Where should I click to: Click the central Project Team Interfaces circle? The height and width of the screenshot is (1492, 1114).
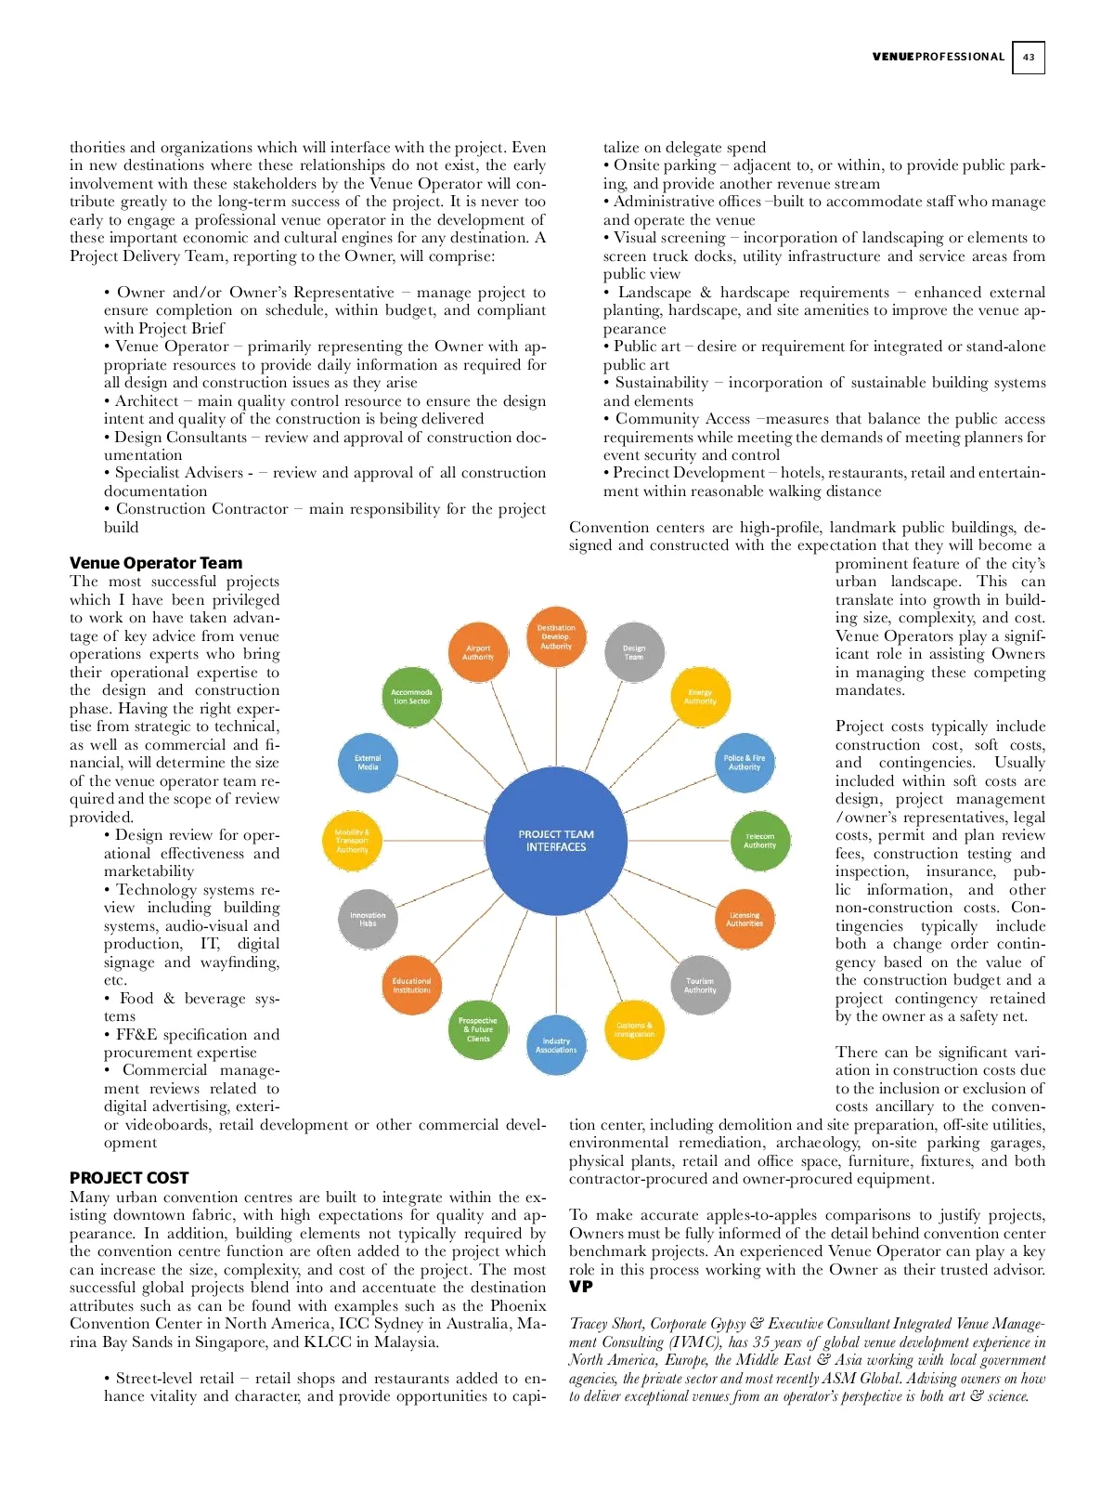point(556,840)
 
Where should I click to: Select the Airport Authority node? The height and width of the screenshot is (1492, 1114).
point(478,652)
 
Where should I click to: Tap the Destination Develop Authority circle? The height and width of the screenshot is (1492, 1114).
point(556,636)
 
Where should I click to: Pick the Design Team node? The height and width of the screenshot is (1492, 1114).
point(634,652)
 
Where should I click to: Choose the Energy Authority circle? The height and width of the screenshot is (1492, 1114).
point(700,697)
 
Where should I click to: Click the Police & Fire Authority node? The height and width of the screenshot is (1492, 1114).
point(745,763)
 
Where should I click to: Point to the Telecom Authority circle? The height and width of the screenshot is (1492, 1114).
point(759,841)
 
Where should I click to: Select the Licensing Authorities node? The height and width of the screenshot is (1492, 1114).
point(745,919)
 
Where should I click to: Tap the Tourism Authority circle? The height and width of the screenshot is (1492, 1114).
point(700,985)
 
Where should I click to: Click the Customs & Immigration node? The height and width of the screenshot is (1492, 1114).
point(634,1029)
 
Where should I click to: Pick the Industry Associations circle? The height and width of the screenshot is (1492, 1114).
point(556,1045)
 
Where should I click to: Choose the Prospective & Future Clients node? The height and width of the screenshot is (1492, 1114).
point(478,1029)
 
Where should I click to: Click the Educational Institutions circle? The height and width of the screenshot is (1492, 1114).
point(411,985)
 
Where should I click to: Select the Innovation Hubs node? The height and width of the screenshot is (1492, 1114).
point(368,919)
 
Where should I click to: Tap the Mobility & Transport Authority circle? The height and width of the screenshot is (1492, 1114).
point(352,841)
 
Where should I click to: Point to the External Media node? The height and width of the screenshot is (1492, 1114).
point(368,763)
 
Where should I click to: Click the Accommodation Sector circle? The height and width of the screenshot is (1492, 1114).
point(411,697)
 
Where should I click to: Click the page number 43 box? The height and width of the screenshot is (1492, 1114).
point(1028,57)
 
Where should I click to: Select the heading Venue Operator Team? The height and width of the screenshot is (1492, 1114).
point(156,563)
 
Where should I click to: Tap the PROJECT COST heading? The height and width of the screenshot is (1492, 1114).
point(129,1178)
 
